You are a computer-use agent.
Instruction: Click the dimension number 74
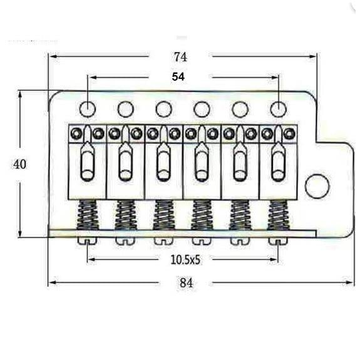click(180, 56)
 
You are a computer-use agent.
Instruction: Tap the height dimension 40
click(20, 164)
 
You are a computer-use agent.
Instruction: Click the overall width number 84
click(186, 282)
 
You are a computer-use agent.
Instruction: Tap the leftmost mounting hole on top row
click(88, 109)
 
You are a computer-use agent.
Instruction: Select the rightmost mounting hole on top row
click(278, 109)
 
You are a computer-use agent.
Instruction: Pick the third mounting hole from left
click(164, 109)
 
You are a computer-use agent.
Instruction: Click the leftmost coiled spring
click(88, 216)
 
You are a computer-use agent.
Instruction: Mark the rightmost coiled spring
click(277, 216)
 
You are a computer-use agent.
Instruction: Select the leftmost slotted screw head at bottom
click(87, 240)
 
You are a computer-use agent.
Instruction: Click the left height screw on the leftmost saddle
click(77, 133)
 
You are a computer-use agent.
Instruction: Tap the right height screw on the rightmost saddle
click(288, 133)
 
